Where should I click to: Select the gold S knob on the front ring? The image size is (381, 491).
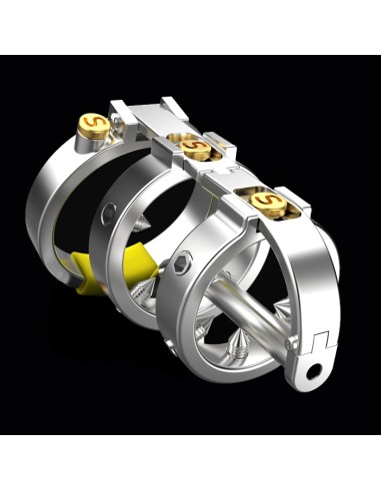pyautogui.click(x=269, y=202)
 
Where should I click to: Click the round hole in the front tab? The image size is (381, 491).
pyautogui.click(x=314, y=371)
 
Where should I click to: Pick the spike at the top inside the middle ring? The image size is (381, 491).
pyautogui.click(x=141, y=223)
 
